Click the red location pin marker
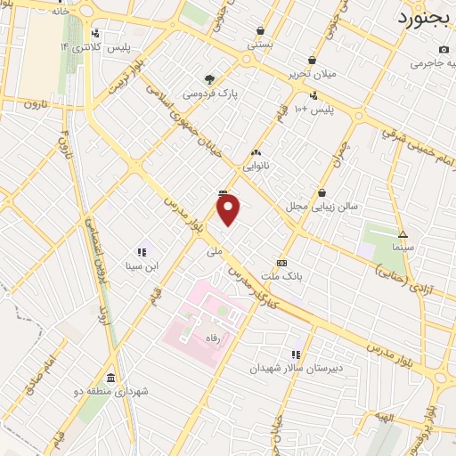pyautogui.click(x=229, y=210)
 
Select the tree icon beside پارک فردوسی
pyautogui.click(x=209, y=78)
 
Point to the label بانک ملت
pyautogui.click(x=288, y=277)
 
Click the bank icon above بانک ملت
pyautogui.click(x=282, y=263)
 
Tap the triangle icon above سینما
pyautogui.click(x=403, y=234)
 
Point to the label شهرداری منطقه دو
pyautogui.click(x=110, y=392)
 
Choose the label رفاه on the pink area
pyautogui.click(x=212, y=338)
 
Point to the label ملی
pyautogui.click(x=214, y=252)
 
